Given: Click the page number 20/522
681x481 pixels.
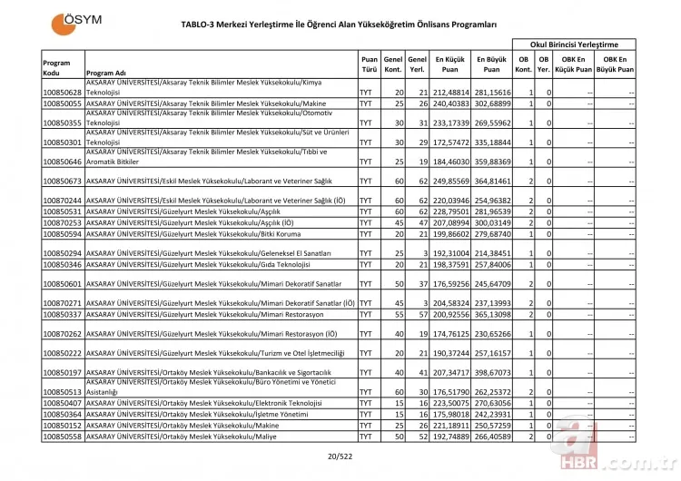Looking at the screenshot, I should (340, 459).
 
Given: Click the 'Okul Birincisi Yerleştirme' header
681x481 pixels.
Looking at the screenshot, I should (576, 44).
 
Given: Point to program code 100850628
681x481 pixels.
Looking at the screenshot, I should (63, 93).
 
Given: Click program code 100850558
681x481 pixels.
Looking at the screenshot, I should (63, 437).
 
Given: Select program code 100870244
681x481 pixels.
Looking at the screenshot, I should (63, 200).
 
